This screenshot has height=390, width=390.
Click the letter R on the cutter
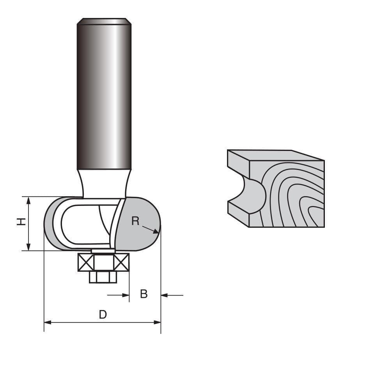(135, 221)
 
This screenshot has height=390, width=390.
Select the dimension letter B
(144, 294)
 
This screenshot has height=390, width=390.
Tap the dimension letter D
(103, 314)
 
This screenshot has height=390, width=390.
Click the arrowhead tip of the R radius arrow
(158, 233)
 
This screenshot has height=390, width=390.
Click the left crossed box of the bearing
(85, 262)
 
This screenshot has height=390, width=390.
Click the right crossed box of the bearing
(121, 262)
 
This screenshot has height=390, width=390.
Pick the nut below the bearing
(103, 277)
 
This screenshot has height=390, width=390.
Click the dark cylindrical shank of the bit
(104, 97)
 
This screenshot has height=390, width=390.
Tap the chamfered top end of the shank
(104, 21)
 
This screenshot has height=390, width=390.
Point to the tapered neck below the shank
(104, 183)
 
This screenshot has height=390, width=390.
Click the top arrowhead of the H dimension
(28, 200)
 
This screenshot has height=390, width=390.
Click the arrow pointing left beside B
(164, 295)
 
